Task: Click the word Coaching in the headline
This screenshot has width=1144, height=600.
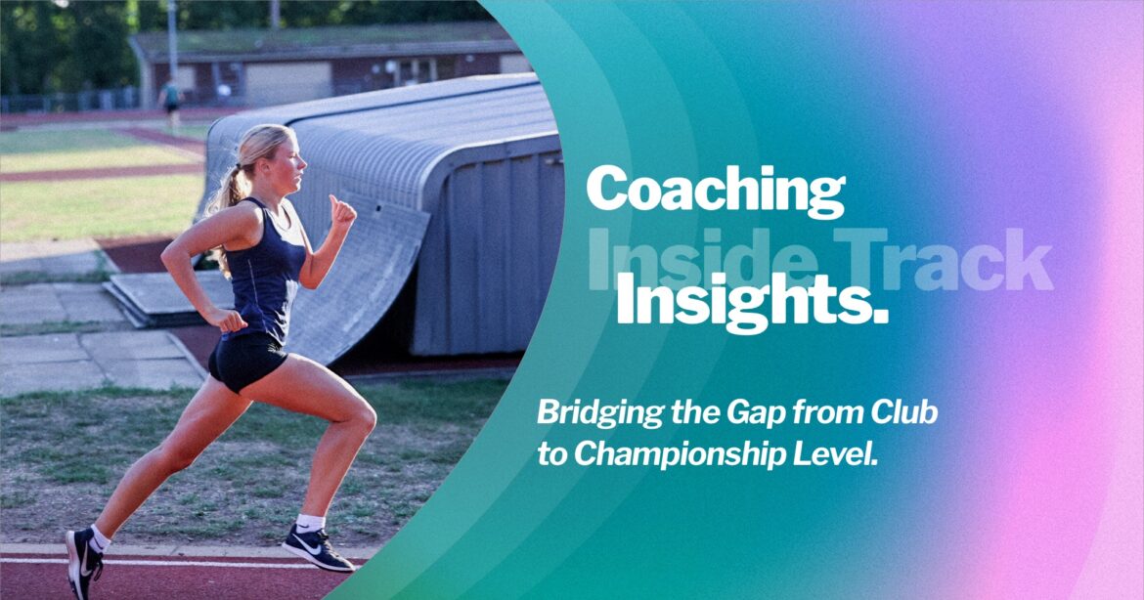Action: click(716, 190)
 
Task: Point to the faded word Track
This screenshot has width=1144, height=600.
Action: click(943, 259)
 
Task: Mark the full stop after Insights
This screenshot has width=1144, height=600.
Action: click(880, 317)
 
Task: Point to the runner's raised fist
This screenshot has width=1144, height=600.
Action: click(341, 211)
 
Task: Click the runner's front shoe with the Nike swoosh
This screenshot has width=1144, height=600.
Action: click(317, 548)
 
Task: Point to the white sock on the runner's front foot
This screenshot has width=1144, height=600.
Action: click(310, 523)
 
